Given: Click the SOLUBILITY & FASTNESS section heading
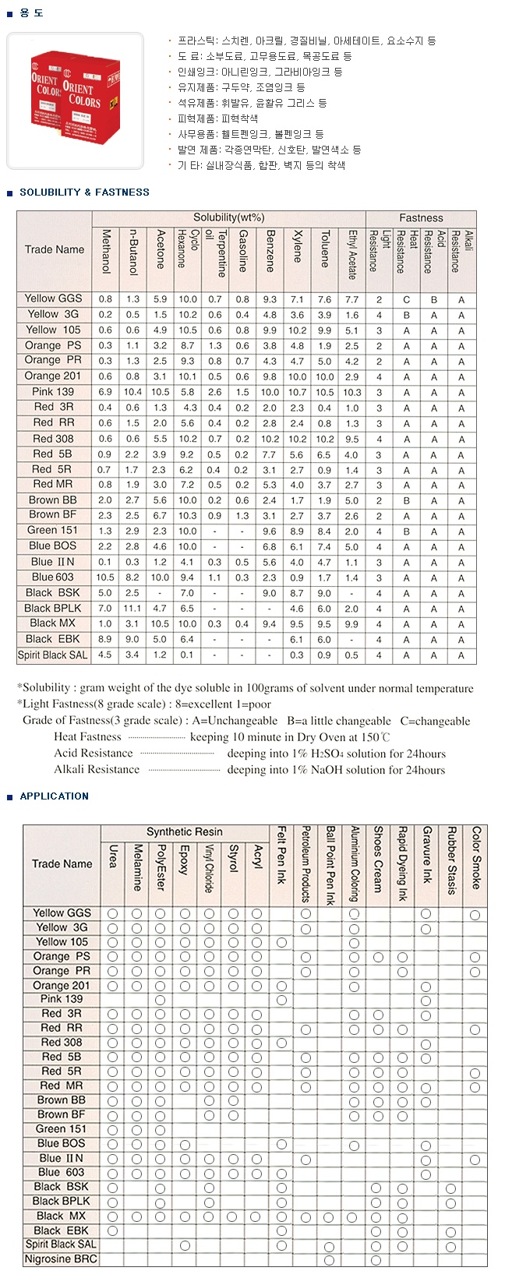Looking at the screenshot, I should [84, 192].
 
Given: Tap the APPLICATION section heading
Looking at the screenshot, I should [54, 796].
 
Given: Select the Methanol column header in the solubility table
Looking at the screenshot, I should [106, 251].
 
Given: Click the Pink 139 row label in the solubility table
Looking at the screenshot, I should [53, 392].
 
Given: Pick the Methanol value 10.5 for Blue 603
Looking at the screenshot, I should [105, 577].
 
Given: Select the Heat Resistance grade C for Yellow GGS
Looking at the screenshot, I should [406, 299].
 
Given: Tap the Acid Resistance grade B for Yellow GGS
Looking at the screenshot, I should [433, 299].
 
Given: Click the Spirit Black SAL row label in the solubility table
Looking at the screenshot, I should [53, 655].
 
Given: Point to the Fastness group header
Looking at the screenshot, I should [421, 218].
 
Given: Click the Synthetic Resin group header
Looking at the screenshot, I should [184, 832].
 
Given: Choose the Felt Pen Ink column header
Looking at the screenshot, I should [281, 856].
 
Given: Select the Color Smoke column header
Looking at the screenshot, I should [475, 857].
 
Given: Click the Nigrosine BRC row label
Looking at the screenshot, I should [62, 1259].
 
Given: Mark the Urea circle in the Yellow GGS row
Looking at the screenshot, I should [113, 913].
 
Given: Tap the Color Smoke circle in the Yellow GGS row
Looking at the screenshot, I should [475, 913].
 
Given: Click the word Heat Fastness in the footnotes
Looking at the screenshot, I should [87, 737].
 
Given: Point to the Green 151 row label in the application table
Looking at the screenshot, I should [62, 1129].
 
